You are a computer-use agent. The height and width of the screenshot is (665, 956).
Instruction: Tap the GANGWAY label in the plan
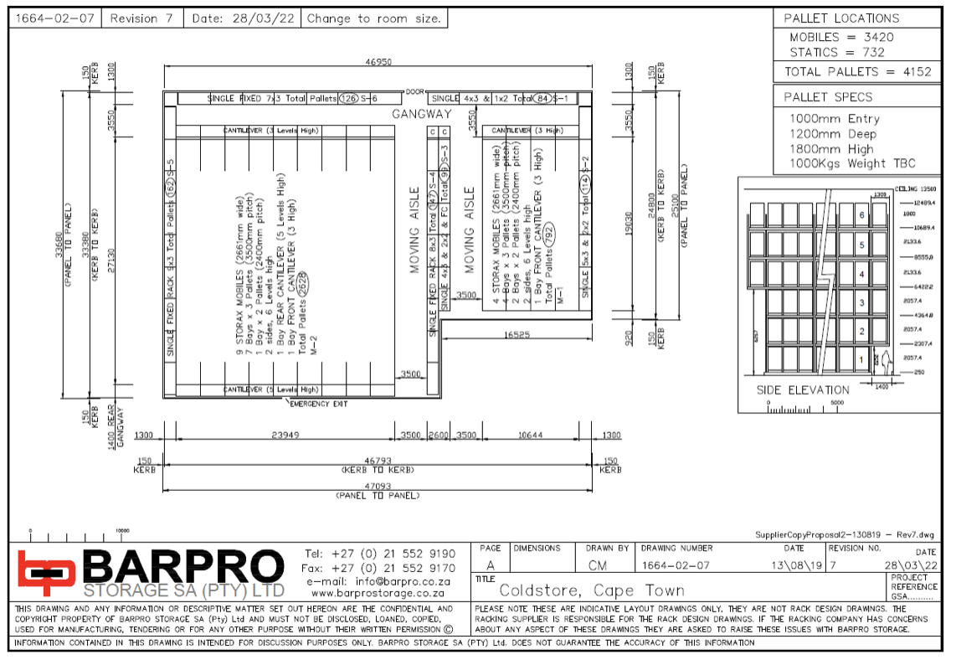(421, 114)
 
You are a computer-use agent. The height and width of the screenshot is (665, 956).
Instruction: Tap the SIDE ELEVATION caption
(803, 390)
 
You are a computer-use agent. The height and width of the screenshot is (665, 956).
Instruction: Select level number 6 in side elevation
(861, 215)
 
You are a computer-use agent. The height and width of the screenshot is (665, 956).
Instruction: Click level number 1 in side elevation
(861, 359)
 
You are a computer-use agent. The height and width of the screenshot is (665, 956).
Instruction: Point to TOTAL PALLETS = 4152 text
(857, 72)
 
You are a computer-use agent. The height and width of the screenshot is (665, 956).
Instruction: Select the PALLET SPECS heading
(828, 97)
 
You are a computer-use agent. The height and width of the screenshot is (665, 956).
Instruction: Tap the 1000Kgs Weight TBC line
(852, 164)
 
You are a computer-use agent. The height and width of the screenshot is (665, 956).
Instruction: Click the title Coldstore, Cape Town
(591, 590)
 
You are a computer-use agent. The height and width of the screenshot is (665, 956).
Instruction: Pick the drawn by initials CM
(608, 565)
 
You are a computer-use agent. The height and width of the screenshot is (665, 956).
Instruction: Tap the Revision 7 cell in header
(141, 18)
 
